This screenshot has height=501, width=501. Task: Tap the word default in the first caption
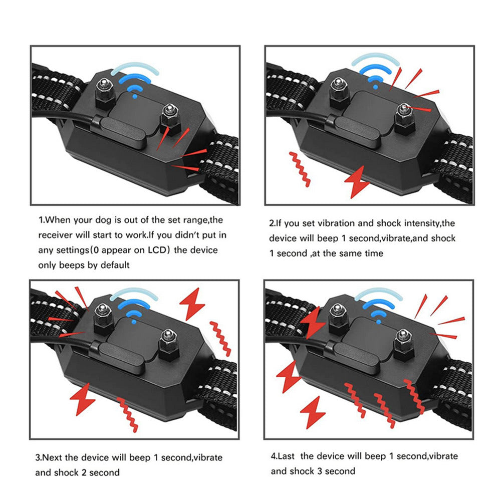pos(113,265)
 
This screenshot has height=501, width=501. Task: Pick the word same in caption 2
pos(354,253)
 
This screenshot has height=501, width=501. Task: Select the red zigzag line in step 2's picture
pos(300,169)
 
